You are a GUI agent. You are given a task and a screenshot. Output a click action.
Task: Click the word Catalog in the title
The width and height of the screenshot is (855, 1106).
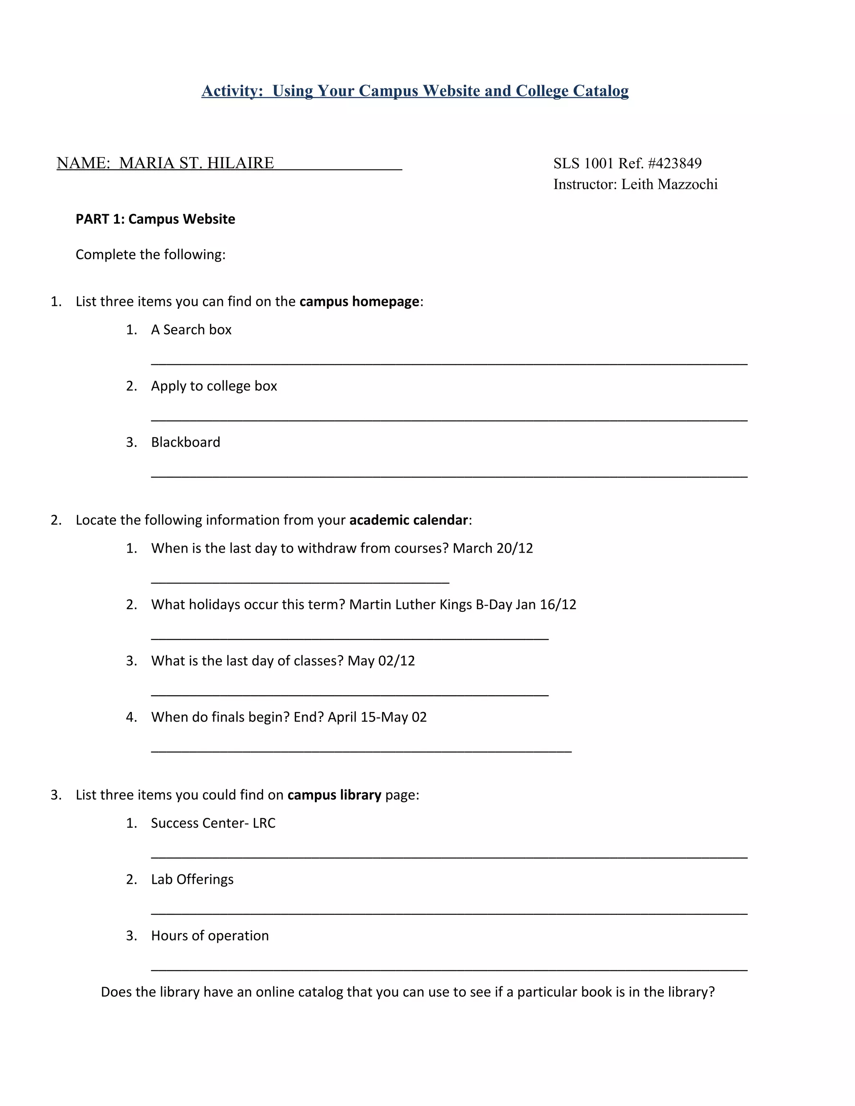pyautogui.click(x=600, y=91)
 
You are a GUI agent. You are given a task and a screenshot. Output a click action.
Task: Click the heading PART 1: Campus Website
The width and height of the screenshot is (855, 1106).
pyautogui.click(x=155, y=219)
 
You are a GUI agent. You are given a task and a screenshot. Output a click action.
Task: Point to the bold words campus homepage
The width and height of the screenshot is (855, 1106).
pyautogui.click(x=359, y=302)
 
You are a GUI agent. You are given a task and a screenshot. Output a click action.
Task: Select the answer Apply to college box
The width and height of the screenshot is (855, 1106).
pyautogui.click(x=214, y=386)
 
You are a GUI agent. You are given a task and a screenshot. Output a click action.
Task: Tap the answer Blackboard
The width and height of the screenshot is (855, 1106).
pyautogui.click(x=185, y=442)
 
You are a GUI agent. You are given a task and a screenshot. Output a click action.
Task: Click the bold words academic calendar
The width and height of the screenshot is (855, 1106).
pyautogui.click(x=409, y=520)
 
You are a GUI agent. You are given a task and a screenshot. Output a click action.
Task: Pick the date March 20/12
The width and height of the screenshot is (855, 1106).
pyautogui.click(x=493, y=548)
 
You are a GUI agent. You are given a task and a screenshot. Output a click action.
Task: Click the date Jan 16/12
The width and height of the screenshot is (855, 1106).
pyautogui.click(x=546, y=605)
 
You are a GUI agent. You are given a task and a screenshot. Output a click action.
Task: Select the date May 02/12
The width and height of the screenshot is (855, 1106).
pyautogui.click(x=381, y=661)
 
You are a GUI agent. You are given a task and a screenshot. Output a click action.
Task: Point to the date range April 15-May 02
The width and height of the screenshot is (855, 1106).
pyautogui.click(x=377, y=717)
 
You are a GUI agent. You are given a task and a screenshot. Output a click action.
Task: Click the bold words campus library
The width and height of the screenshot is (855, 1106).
pyautogui.click(x=334, y=795)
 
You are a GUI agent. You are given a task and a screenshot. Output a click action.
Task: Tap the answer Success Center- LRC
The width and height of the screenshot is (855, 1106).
pyautogui.click(x=213, y=823)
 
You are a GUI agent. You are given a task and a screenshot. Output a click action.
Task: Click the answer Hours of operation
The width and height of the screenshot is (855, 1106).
pyautogui.click(x=210, y=936)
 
